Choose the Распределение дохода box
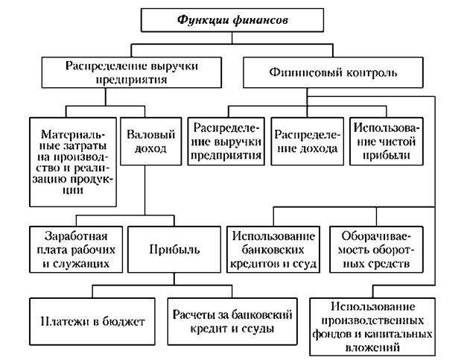[306, 142]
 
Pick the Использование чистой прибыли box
[389, 142]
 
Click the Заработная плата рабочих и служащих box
[73, 250]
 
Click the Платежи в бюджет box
[89, 321]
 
